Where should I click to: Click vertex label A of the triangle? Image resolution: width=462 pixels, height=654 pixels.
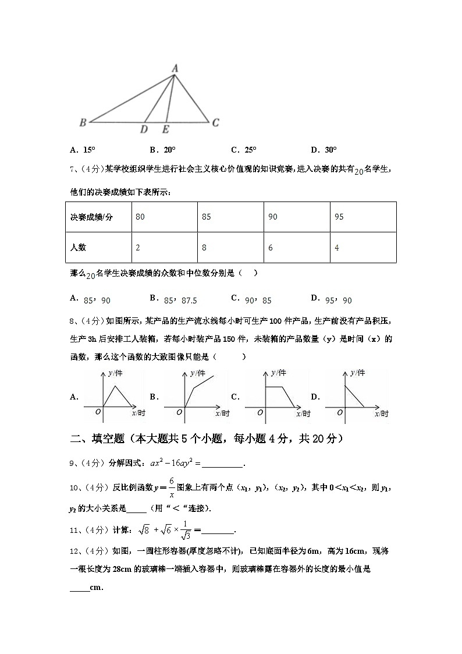coord(175,69)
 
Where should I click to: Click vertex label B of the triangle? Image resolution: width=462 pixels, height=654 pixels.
coord(83,122)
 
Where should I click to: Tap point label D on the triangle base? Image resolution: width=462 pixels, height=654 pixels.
coord(144,129)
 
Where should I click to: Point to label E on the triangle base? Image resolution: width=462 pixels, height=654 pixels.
coord(166,129)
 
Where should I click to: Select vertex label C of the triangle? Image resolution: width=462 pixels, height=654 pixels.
coord(215,122)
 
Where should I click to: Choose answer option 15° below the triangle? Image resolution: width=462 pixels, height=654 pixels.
coord(83,150)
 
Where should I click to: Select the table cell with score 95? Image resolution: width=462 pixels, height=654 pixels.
coord(339,217)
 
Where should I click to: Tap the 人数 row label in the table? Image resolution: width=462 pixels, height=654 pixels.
coord(78,248)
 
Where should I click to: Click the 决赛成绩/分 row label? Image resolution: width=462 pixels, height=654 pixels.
coord(91,217)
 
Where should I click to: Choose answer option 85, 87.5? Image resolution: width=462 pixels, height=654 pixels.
coord(180,301)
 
